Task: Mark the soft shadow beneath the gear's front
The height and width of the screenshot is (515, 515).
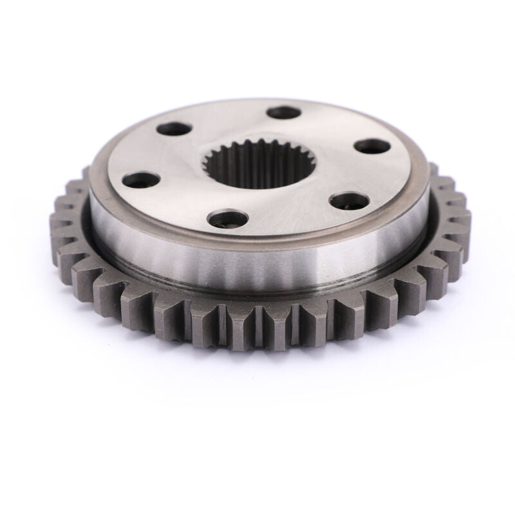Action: [x=257, y=380]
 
